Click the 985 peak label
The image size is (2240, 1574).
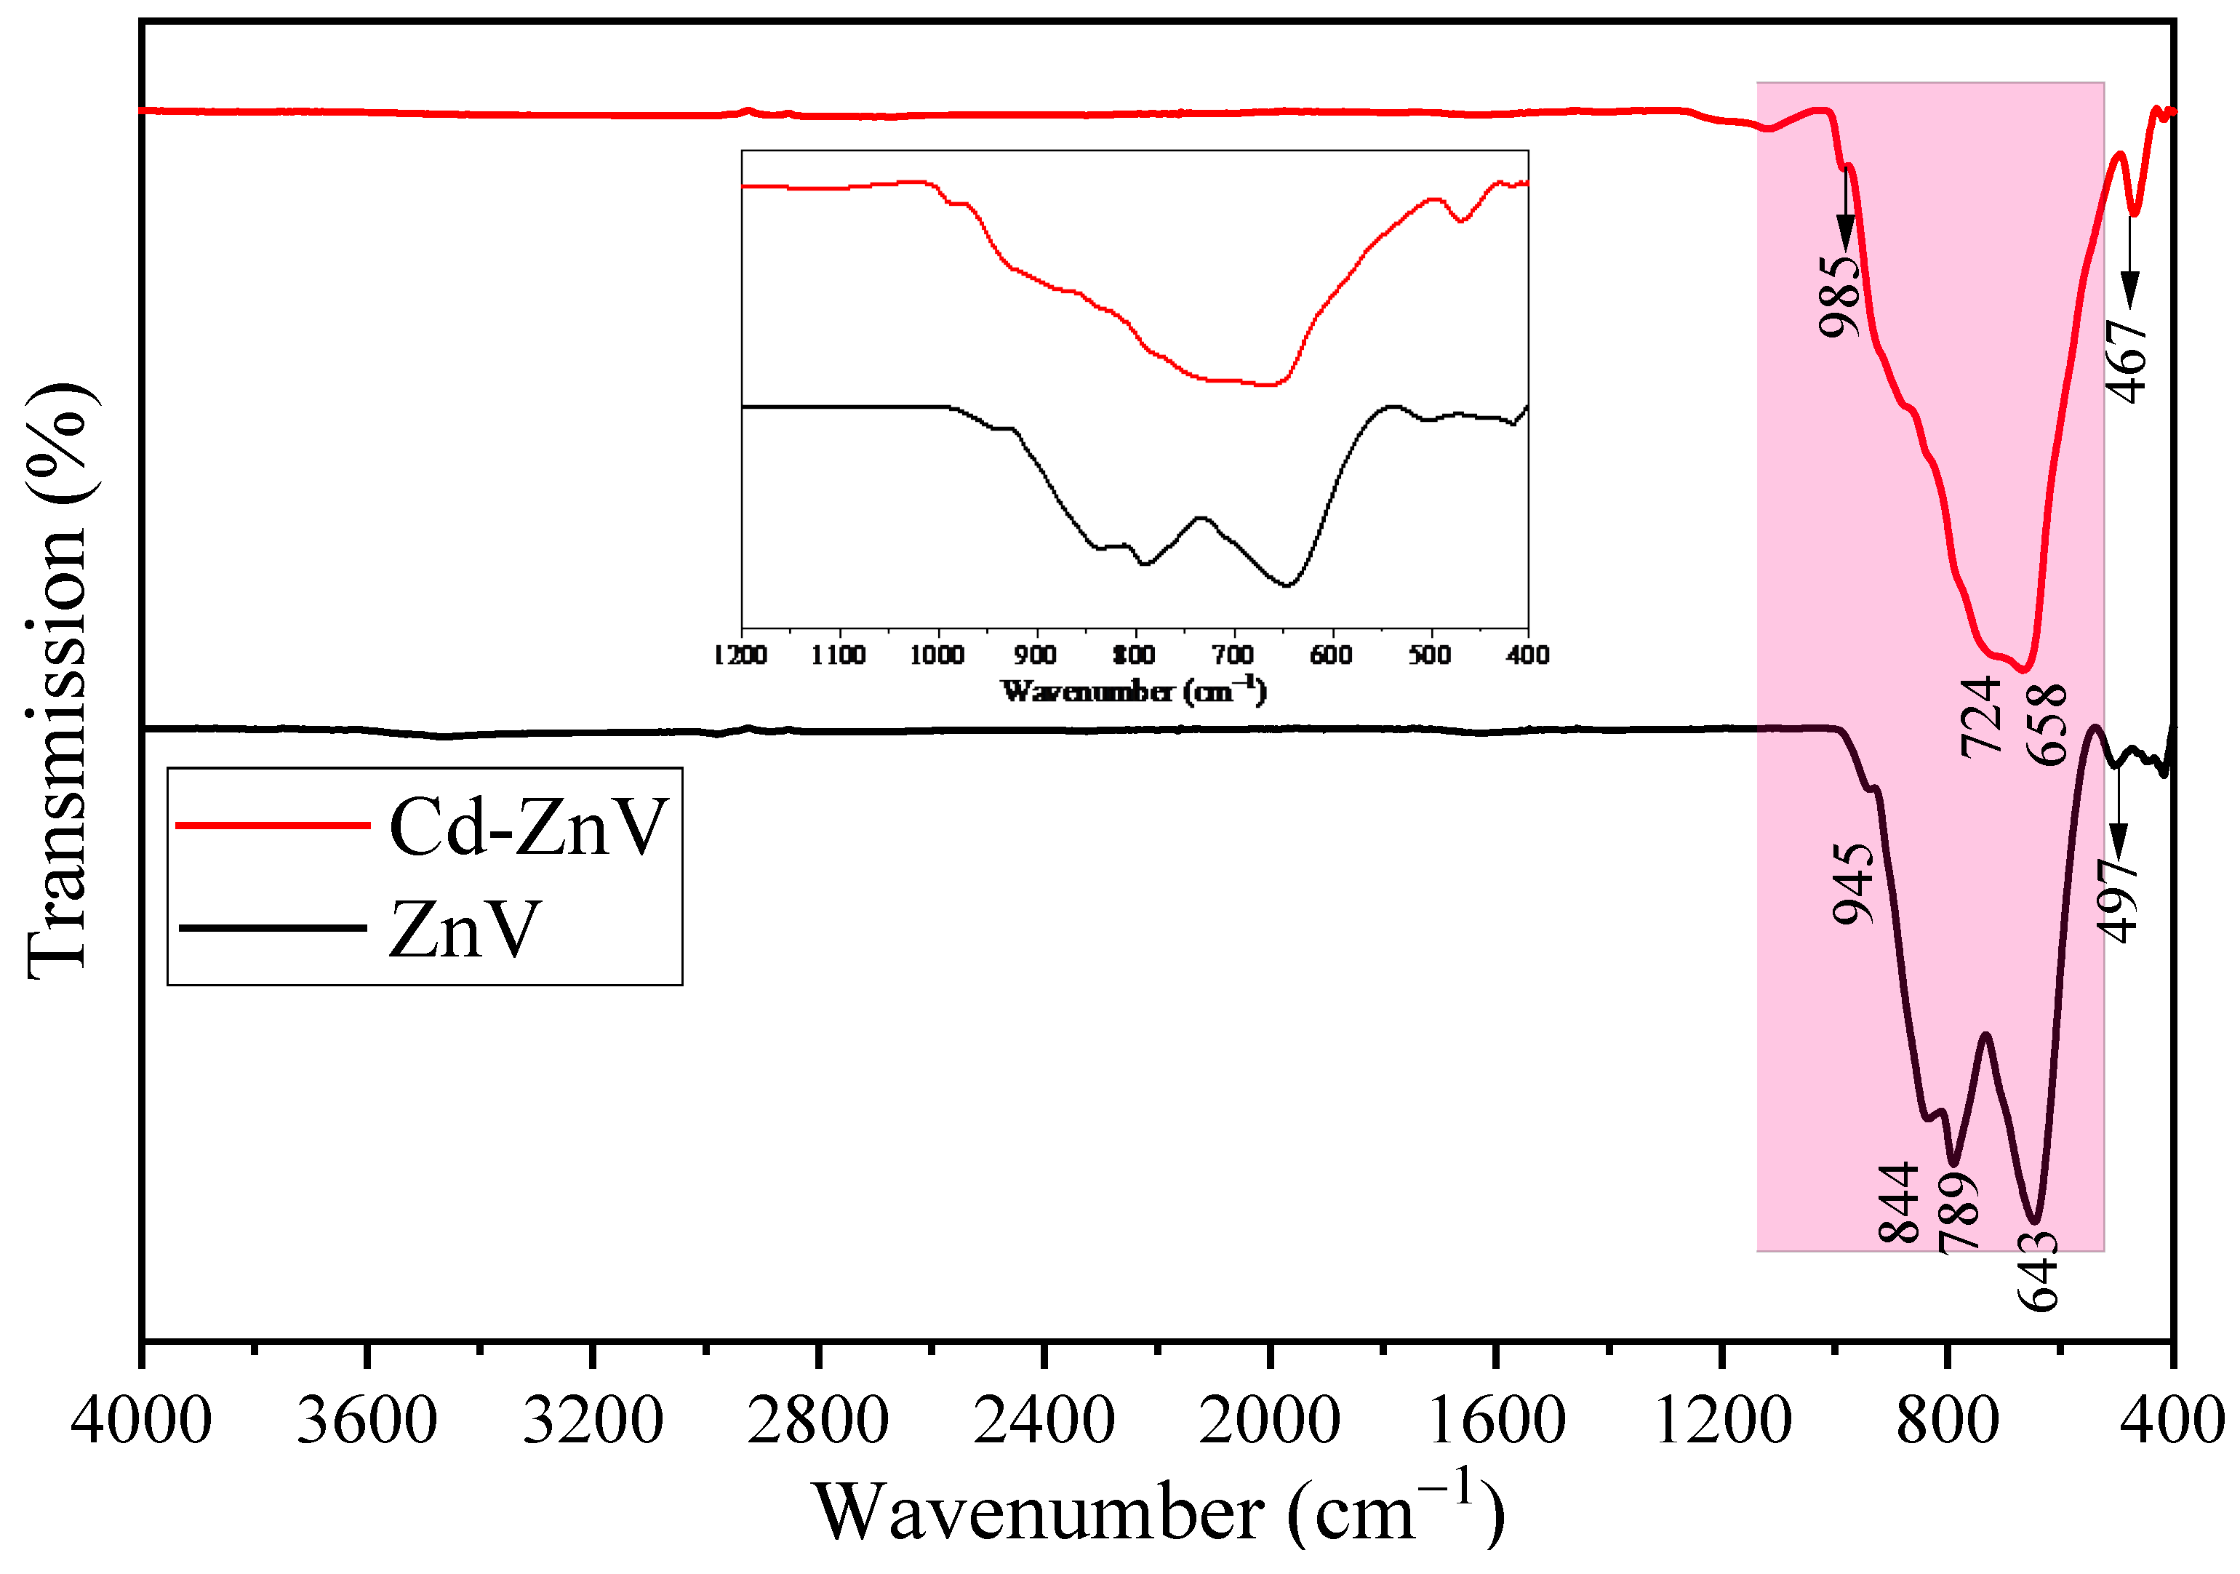[x=1839, y=296]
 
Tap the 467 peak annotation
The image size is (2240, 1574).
[x=2127, y=361]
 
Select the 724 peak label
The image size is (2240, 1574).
[x=1982, y=717]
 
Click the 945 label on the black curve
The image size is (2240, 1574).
[x=1852, y=884]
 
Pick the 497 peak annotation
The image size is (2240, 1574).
[x=2118, y=900]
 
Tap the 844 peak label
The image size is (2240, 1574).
[x=1898, y=1203]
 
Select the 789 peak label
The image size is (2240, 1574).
[x=1959, y=1213]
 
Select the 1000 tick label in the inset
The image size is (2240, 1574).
[x=937, y=655]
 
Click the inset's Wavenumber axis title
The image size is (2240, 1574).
[x=1134, y=691]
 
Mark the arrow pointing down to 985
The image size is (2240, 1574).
[x=1846, y=209]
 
